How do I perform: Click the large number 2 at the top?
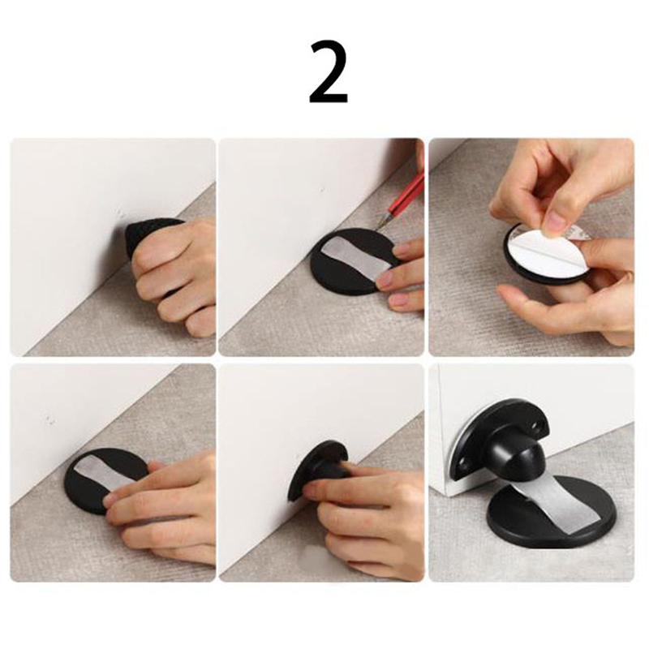coord(329,72)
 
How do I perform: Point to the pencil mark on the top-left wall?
coord(119,214)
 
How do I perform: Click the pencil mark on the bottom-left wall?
coord(50,419)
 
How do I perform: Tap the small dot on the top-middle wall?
coord(322,190)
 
